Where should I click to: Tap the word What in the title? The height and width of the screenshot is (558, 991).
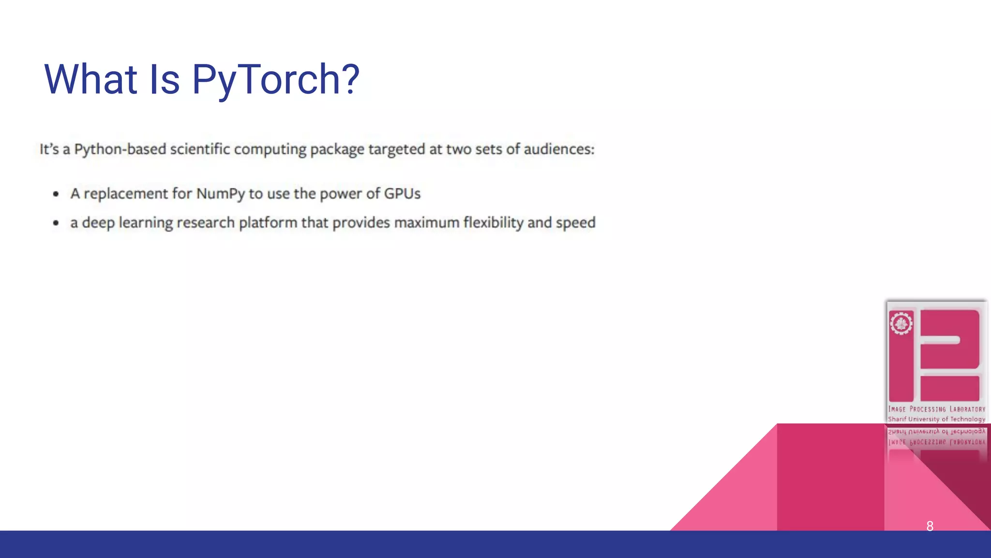[x=90, y=79]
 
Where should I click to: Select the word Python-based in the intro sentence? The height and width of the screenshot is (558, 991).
[x=120, y=149]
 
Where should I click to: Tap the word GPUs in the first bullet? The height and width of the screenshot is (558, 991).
[x=402, y=194]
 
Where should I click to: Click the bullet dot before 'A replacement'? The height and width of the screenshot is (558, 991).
[x=56, y=194]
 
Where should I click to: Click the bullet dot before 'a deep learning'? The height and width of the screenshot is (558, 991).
[x=56, y=223]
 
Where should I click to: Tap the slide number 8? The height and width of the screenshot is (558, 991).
[x=930, y=526]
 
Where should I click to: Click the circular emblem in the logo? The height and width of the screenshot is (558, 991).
[x=901, y=323]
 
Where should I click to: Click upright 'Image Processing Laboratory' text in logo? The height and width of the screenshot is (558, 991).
[x=936, y=409]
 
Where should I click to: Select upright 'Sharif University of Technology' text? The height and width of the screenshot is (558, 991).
[x=936, y=419]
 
